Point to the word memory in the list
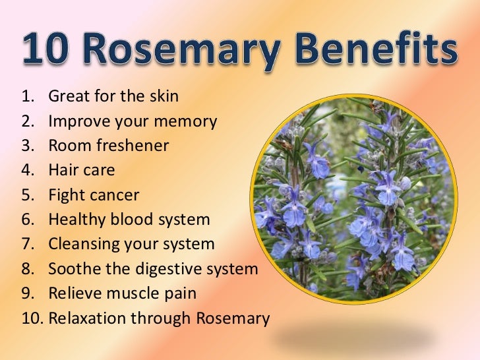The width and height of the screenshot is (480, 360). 191,122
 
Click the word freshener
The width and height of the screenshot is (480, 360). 132,146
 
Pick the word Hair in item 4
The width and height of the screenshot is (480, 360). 63,170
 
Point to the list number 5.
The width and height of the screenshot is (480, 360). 26,195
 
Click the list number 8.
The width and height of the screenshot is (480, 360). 26,269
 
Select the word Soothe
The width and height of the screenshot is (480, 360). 72,269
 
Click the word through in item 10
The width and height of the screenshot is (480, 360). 162,318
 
